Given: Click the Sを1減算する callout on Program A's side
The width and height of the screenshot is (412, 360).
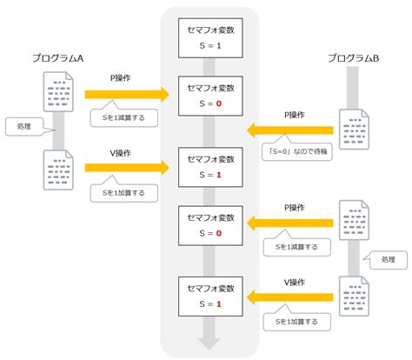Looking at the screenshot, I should (x=121, y=116).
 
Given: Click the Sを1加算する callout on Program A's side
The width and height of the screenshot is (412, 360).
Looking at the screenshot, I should (x=121, y=190).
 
